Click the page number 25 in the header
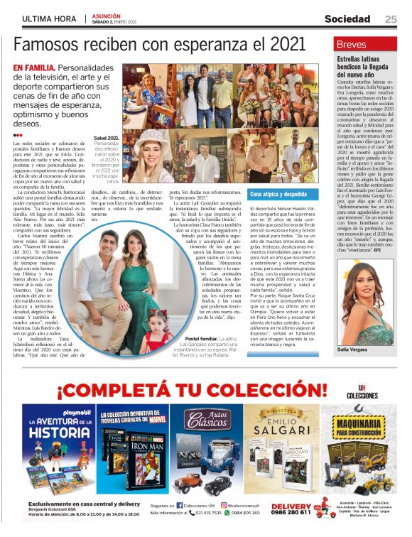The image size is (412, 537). point(391,19)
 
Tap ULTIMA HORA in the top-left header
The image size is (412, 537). point(49,19)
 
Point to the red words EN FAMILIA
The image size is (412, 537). point(34,68)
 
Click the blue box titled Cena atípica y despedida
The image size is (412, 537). point(278,194)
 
